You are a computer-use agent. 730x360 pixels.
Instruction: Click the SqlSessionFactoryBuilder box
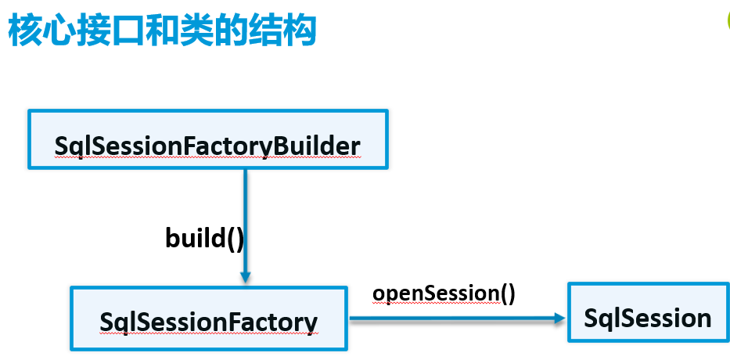pyautogui.click(x=207, y=139)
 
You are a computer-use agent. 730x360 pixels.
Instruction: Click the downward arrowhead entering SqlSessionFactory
pyautogui.click(x=246, y=276)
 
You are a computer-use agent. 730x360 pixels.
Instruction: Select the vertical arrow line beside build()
pyautogui.click(x=246, y=219)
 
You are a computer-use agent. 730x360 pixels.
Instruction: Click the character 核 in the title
pyautogui.click(x=26, y=31)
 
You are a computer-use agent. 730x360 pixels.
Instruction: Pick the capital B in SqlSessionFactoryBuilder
pyautogui.click(x=279, y=146)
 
